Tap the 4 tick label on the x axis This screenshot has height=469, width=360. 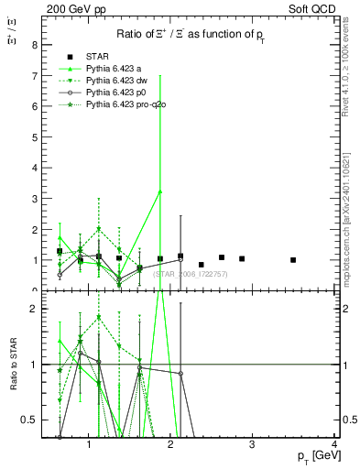pos(334,445)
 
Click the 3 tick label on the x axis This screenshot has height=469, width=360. pos(253,445)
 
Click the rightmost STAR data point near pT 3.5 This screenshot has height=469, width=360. pos(293,260)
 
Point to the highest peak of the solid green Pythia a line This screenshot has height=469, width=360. pos(160,191)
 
